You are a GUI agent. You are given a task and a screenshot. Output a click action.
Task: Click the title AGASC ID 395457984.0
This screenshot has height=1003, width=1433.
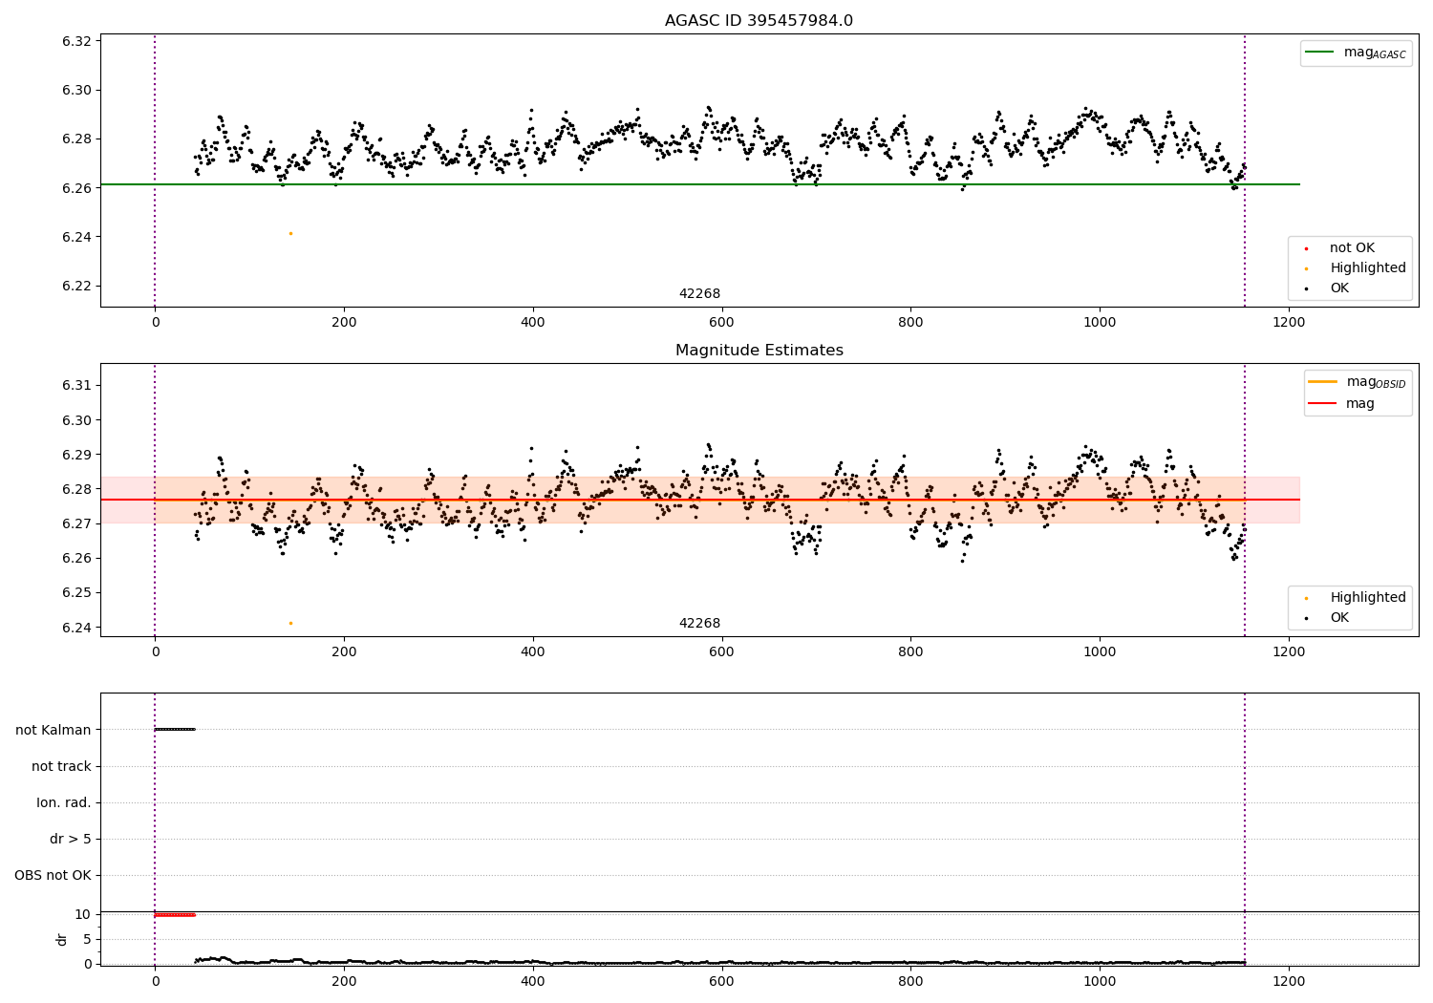(759, 21)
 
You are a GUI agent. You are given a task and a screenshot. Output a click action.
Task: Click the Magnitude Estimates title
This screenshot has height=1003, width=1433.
(759, 351)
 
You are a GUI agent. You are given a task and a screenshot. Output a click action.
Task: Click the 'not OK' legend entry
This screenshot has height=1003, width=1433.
(1351, 248)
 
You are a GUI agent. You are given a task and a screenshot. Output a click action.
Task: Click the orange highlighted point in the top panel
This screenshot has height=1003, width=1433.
(290, 233)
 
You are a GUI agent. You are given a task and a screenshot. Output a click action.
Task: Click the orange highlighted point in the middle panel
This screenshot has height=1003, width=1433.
(290, 623)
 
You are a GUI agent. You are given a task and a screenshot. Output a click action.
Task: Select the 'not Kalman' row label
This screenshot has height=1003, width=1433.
(53, 730)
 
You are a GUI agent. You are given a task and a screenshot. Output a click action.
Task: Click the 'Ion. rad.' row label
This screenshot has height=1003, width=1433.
(64, 802)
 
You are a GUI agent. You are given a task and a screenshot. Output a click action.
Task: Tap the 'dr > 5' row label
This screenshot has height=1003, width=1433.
(71, 839)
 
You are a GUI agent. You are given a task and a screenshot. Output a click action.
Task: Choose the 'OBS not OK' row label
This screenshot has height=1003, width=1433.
(53, 875)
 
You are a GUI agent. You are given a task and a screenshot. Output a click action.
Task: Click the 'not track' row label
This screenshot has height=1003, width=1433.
(61, 766)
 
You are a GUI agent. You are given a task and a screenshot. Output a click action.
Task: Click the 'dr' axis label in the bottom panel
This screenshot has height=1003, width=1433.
(62, 939)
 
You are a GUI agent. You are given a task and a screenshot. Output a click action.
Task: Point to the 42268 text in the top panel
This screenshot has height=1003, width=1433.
(699, 294)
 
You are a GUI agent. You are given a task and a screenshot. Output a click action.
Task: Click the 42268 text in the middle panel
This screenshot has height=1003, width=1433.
(699, 624)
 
